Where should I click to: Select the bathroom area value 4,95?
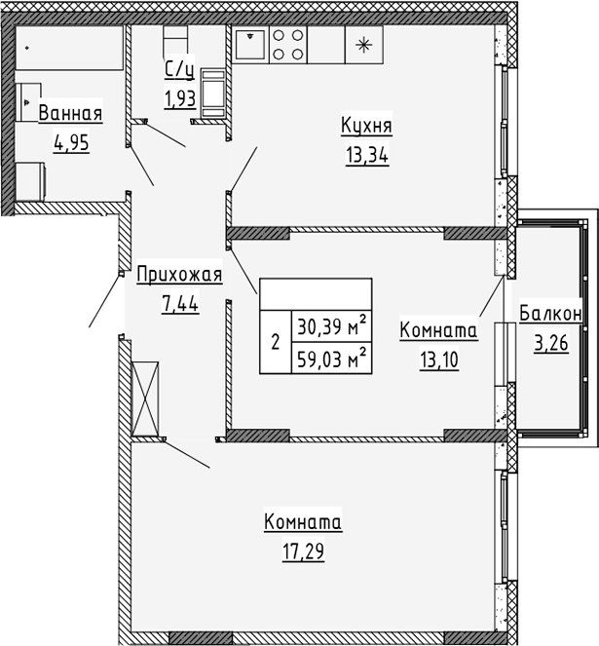[x=70, y=143]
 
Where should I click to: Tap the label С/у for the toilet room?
[x=178, y=69]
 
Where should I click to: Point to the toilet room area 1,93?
[x=179, y=97]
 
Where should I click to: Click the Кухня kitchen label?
[x=366, y=126]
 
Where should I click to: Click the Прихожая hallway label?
[x=179, y=276]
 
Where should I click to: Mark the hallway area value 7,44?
[x=179, y=303]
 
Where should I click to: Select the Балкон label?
[x=550, y=314]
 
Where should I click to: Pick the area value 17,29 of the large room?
[x=302, y=551]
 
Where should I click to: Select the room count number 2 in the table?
[x=275, y=342]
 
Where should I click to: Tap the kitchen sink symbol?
[x=250, y=43]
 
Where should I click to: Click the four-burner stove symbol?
[x=288, y=43]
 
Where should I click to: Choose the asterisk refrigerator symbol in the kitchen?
[x=364, y=44]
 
